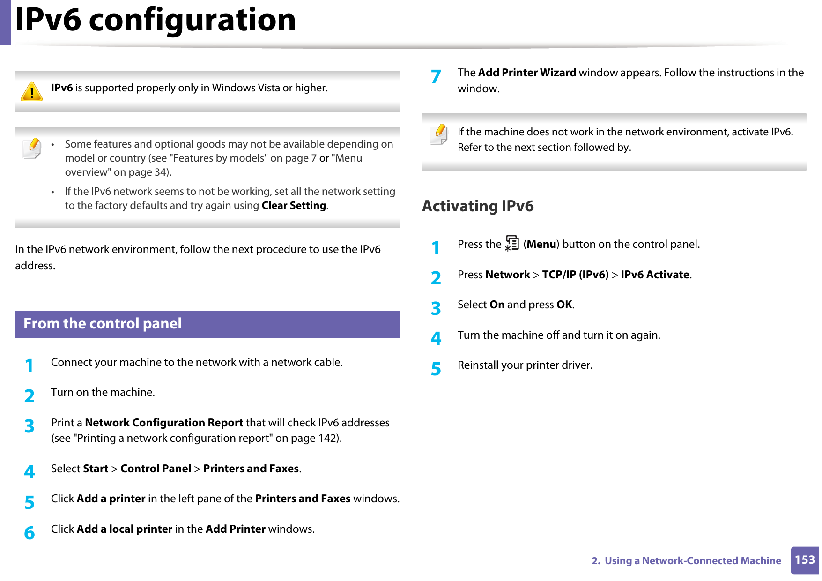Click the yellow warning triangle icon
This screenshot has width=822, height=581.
[x=32, y=91]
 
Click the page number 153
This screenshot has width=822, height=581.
[x=805, y=560]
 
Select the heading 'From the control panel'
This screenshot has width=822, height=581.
[x=103, y=324]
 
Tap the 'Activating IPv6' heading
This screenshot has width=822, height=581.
[x=478, y=206]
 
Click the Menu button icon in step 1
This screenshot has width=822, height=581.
[x=512, y=244]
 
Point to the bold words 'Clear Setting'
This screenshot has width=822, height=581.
[x=294, y=206]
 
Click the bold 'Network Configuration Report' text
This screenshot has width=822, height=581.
[x=164, y=423]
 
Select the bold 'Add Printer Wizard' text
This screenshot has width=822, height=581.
[x=527, y=73]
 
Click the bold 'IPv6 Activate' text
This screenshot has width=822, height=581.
[x=655, y=275]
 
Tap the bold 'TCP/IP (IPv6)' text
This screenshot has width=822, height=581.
[x=575, y=275]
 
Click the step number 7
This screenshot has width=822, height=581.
[x=436, y=76]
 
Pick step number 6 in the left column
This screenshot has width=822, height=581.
[x=30, y=533]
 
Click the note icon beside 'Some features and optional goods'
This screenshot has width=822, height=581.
[x=32, y=149]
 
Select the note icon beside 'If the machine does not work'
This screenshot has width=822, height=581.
[x=438, y=134]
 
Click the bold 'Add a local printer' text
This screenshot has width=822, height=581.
[x=125, y=529]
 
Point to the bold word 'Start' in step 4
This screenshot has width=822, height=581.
[x=96, y=469]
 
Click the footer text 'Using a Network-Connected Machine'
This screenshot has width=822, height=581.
[x=693, y=561]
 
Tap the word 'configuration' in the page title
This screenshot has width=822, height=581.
[x=192, y=20]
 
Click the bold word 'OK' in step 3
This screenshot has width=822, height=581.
[x=564, y=305]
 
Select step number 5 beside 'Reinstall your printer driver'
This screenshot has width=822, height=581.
[x=436, y=369]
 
